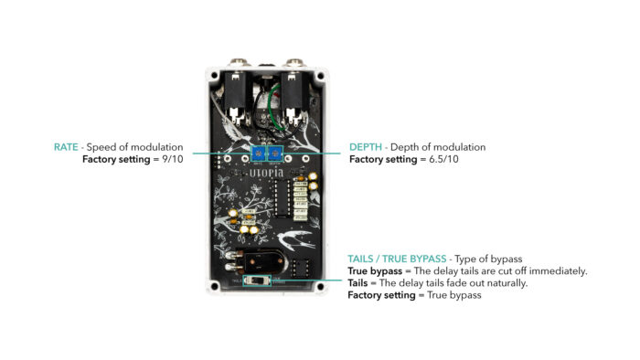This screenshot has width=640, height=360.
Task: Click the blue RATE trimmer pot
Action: click(x=259, y=154)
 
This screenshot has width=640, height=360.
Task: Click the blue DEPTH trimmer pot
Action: click(x=275, y=154)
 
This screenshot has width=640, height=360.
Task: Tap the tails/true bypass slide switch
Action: click(x=257, y=281)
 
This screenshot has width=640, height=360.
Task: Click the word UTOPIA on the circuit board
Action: click(x=266, y=174)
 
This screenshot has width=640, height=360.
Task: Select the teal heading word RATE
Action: click(x=66, y=147)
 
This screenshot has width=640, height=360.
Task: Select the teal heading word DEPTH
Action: click(x=366, y=147)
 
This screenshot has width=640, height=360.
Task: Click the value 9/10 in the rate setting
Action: click(x=173, y=159)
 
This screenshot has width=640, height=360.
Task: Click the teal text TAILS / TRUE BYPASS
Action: click(x=397, y=259)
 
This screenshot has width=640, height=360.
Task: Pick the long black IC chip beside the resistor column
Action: click(x=282, y=197)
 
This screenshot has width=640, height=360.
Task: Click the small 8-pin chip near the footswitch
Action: click(x=299, y=268)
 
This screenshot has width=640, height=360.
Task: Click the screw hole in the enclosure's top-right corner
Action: click(x=320, y=76)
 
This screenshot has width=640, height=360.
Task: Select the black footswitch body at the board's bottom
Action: click(x=262, y=261)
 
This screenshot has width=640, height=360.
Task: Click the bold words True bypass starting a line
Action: click(x=375, y=271)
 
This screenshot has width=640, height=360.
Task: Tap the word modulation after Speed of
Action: click(x=156, y=147)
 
